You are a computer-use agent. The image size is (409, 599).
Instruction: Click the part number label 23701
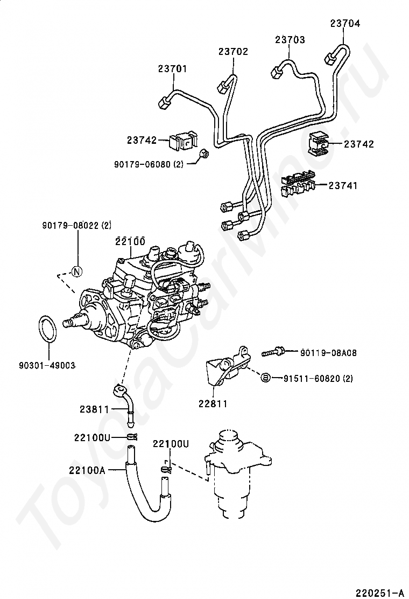coord(172,69)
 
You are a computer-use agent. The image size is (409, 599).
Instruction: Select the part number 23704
coord(345,23)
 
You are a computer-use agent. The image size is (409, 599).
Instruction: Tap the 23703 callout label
coord(291,40)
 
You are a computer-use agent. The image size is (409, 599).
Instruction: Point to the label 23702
coord(233,51)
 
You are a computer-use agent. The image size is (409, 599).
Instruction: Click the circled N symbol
coord(76,271)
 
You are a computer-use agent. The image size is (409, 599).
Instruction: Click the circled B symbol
coord(266,378)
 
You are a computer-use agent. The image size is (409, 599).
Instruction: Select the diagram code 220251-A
coord(379,593)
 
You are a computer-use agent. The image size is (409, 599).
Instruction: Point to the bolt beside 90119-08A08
coord(273,352)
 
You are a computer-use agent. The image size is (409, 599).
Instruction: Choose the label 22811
coord(213,403)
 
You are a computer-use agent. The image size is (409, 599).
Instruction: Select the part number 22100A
coord(87,470)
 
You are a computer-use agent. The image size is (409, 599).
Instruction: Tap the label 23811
coord(95,409)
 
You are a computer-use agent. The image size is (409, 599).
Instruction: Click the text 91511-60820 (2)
coord(318,379)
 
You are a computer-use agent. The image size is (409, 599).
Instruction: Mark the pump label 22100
coord(130,241)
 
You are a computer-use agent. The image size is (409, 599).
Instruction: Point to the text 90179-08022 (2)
coord(76,226)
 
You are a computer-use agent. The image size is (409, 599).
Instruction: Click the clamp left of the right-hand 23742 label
coord(318,143)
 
